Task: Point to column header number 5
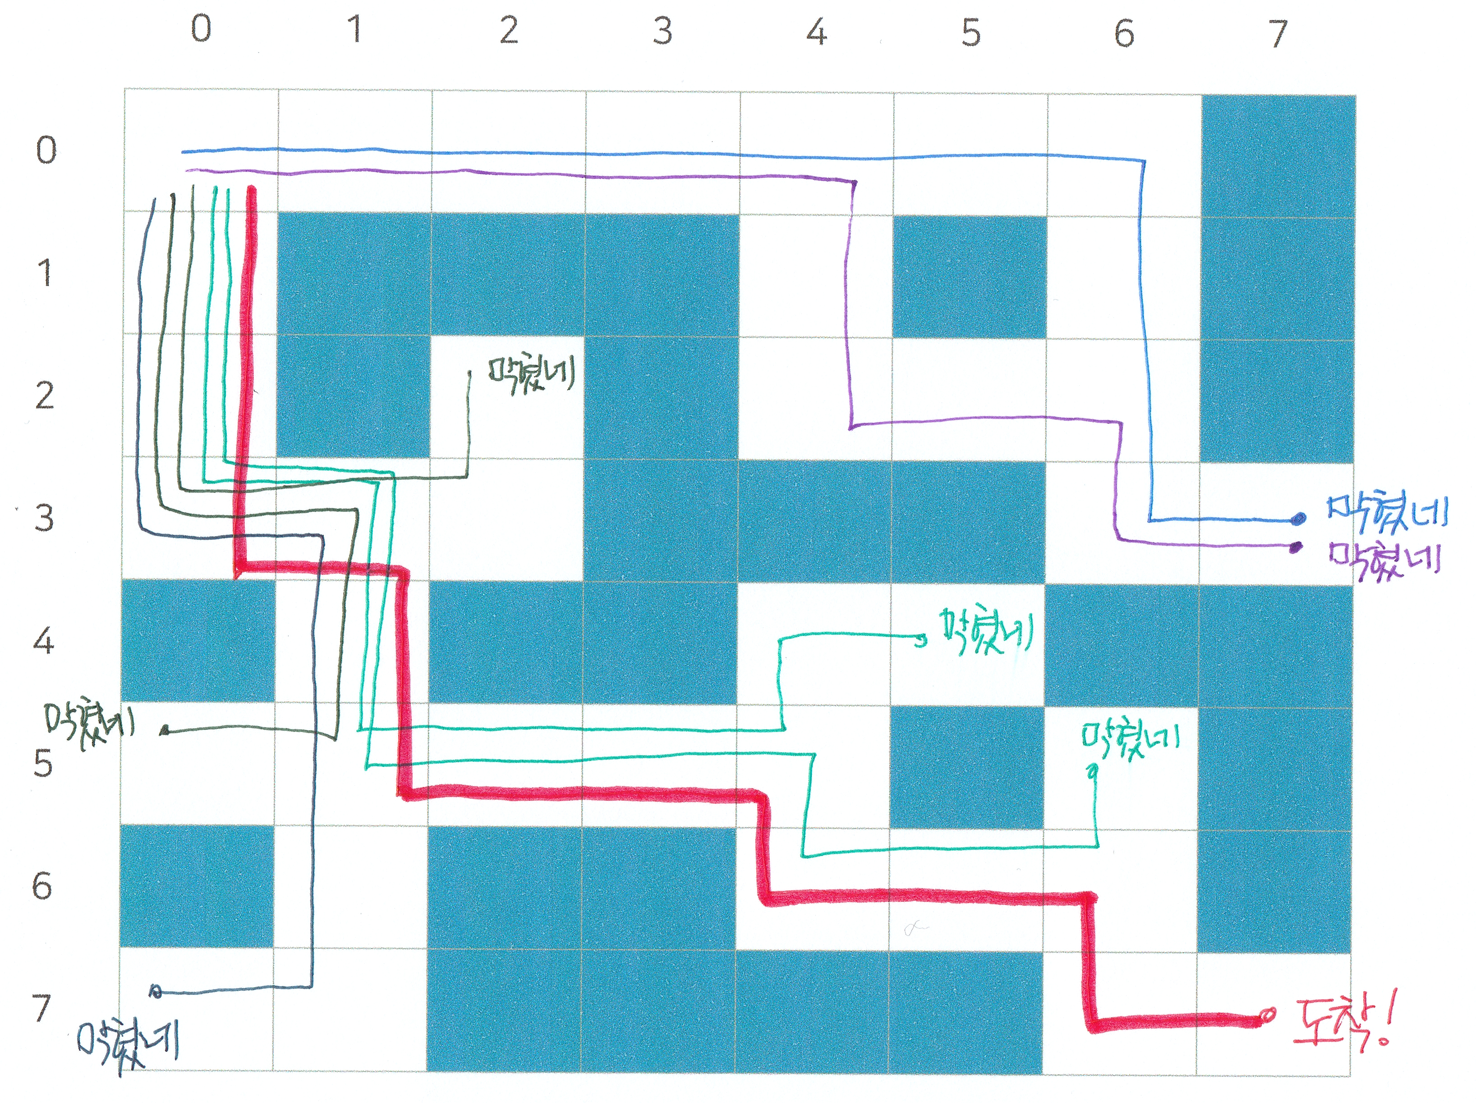click(x=971, y=32)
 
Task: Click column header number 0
click(x=201, y=29)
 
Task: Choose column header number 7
click(x=1277, y=33)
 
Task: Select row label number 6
click(x=42, y=886)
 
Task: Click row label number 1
click(x=44, y=273)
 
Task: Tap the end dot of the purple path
click(x=1296, y=547)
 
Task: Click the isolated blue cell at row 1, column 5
click(x=969, y=276)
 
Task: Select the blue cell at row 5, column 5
click(x=967, y=767)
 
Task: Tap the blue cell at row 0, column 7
click(x=1278, y=156)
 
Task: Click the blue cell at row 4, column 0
click(x=198, y=640)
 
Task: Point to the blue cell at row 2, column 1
click(x=353, y=396)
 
